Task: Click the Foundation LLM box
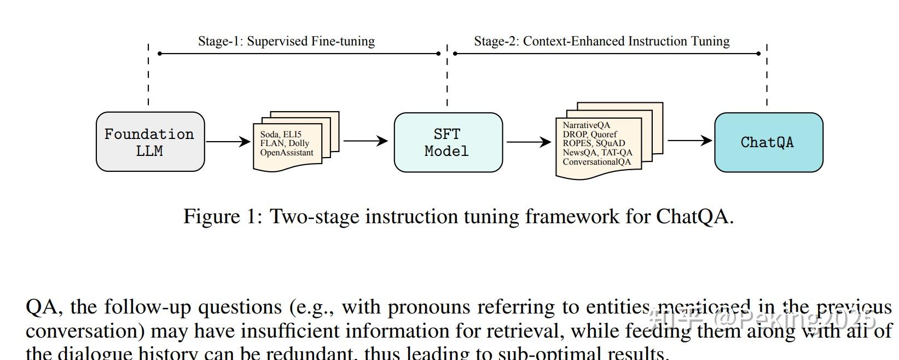point(150,142)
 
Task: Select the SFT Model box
point(448,142)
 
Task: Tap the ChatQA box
point(768,142)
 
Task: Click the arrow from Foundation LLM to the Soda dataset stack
point(228,142)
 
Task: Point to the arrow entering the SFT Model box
point(365,141)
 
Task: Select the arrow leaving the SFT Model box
point(529,142)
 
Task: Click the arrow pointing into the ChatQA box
point(689,141)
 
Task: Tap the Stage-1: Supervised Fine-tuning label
point(286,41)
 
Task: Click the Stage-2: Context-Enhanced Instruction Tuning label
point(601,41)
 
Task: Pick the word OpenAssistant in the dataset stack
point(287,153)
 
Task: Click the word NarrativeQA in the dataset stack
point(586,125)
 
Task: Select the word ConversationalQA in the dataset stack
point(596,162)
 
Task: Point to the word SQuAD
point(610,143)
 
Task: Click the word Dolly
point(299,143)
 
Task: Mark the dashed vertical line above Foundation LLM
point(148,74)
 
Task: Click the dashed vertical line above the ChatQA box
point(767,74)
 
